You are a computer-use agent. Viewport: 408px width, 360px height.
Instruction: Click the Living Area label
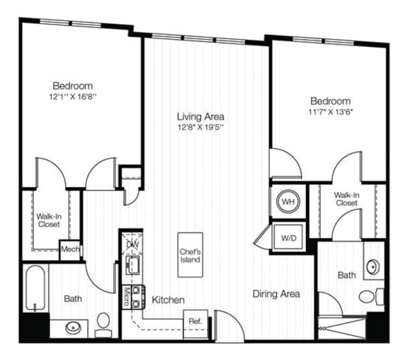click(201, 116)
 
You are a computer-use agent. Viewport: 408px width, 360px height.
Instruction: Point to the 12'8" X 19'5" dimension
click(201, 128)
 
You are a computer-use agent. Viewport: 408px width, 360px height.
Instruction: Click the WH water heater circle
click(288, 202)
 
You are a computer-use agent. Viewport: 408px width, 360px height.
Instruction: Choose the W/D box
click(288, 237)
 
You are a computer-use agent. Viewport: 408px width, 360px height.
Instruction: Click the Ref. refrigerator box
click(195, 321)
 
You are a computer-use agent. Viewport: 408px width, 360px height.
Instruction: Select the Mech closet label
click(69, 249)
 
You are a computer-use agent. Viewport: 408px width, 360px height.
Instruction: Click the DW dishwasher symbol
click(132, 244)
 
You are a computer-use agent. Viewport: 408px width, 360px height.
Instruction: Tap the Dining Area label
click(276, 293)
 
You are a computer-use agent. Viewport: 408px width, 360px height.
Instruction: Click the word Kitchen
click(169, 300)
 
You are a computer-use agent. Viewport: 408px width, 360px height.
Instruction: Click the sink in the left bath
click(74, 327)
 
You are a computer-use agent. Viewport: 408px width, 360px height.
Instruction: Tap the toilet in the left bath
click(103, 326)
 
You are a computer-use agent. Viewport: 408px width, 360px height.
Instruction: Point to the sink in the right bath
click(374, 267)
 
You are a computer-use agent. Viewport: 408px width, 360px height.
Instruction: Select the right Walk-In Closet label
click(347, 198)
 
